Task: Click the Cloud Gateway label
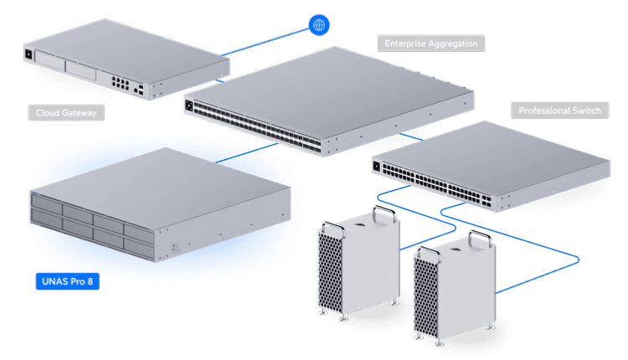(66, 112)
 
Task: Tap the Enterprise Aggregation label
(430, 43)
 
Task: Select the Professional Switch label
(559, 111)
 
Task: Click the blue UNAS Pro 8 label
(67, 281)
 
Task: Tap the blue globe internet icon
(317, 25)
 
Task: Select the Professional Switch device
(494, 167)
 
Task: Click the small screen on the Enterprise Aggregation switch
(189, 106)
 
